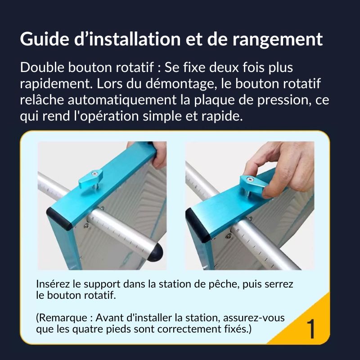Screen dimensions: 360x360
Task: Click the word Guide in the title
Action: pos(45,39)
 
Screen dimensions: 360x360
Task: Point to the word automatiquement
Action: pos(122,100)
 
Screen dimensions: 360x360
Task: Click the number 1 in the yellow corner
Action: pos(311,329)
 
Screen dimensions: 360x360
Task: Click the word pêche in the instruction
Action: pos(222,285)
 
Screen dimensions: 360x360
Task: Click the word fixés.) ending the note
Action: pos(238,329)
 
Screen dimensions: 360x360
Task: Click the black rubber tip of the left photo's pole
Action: pos(156,252)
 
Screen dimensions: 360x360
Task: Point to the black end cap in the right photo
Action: pos(198,225)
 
